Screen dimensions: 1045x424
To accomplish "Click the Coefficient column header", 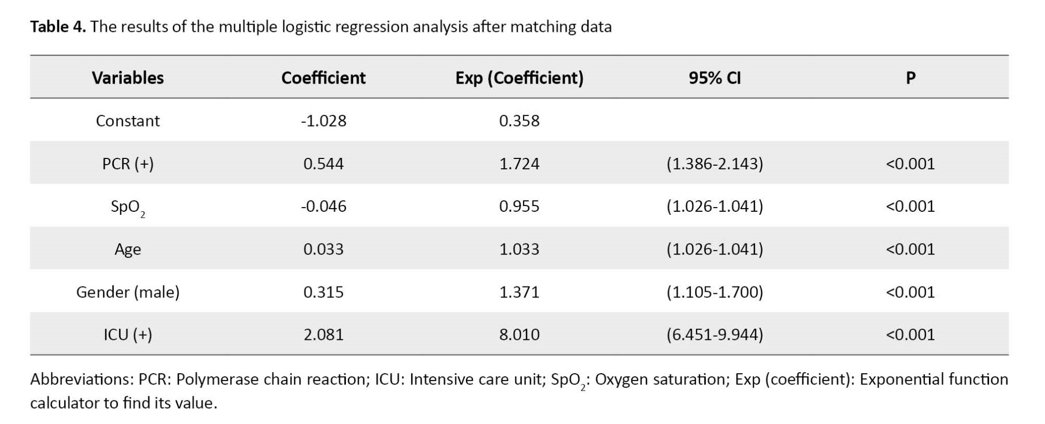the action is [x=323, y=77].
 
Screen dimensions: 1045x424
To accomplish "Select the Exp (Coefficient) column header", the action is [x=519, y=78].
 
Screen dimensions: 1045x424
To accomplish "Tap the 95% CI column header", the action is [x=714, y=77].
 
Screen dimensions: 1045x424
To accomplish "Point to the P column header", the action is [x=910, y=77].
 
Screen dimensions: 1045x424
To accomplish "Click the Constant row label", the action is [x=127, y=121].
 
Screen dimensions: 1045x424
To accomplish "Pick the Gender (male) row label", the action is [x=127, y=292].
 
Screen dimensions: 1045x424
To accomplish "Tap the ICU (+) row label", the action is [x=127, y=335].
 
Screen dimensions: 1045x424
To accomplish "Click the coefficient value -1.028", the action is [x=323, y=121].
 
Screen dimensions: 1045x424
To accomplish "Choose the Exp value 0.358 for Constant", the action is [x=519, y=121].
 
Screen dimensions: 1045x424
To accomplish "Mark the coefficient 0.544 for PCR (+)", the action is [x=323, y=164].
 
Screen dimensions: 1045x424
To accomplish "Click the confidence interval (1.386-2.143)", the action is [x=714, y=164].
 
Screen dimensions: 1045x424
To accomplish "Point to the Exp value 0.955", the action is [x=519, y=206].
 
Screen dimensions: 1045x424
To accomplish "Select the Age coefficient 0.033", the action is [x=323, y=249].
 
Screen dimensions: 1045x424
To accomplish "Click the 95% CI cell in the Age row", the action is [x=714, y=249].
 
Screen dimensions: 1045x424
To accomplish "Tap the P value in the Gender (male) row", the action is [x=910, y=292].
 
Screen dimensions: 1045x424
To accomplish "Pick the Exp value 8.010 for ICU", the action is [x=519, y=335].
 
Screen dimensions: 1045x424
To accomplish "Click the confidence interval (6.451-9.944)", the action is [x=714, y=335].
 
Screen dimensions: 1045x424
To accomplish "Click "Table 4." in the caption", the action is [x=58, y=26].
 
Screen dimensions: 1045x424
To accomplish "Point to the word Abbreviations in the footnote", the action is [x=83, y=379].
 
